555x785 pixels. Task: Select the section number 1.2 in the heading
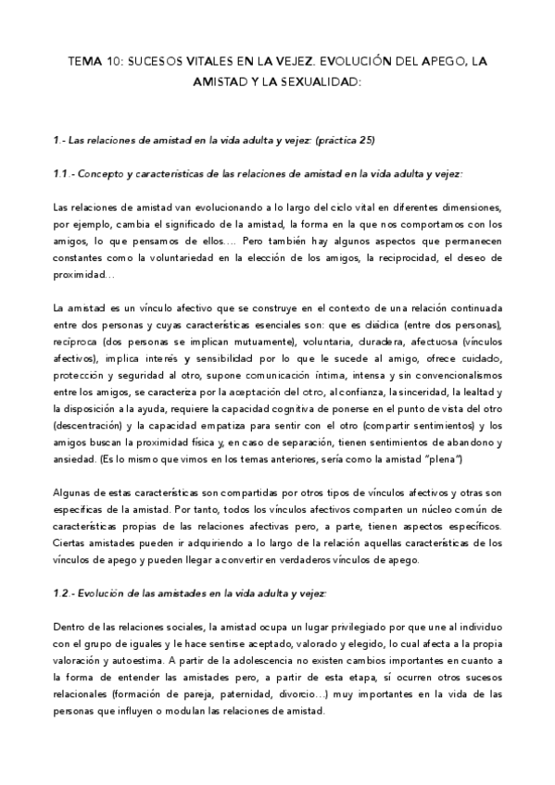point(60,593)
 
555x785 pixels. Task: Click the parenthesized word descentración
point(87,426)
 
